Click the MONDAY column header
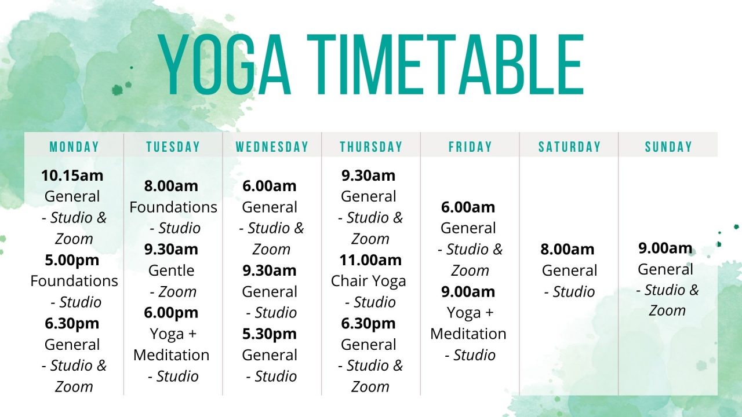point(74,147)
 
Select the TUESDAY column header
point(173,147)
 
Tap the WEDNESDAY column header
point(272,147)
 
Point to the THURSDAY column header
point(371,147)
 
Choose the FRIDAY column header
point(470,147)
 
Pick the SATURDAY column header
point(569,147)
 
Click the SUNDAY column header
point(668,147)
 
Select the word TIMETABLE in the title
point(445,65)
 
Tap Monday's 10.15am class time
point(72,175)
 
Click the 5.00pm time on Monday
point(72,260)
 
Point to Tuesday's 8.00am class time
point(171,186)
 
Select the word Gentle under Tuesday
point(171,270)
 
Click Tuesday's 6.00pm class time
point(171,313)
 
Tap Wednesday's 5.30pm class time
point(270,334)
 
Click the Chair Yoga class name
point(369,281)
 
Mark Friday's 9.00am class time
point(468,291)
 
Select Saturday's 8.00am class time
point(567,250)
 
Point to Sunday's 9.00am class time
point(665,248)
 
